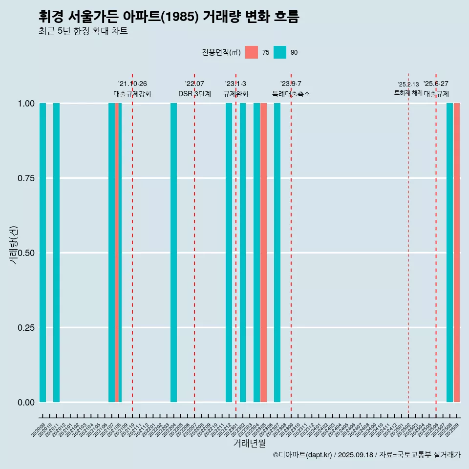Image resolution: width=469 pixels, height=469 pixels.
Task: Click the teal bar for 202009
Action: (43, 253)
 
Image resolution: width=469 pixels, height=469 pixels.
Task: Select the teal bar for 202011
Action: (56, 253)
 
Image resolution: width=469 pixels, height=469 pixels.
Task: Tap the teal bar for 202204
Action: (173, 253)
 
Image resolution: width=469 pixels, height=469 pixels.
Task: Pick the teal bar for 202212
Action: (229, 253)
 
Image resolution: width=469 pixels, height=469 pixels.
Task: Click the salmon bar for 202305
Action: (263, 253)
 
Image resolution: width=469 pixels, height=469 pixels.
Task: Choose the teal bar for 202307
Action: (277, 253)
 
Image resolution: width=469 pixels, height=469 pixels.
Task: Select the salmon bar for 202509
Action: (457, 253)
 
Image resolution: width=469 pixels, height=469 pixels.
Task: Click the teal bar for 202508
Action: (449, 253)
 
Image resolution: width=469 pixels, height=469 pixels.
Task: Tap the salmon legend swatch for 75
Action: (252, 52)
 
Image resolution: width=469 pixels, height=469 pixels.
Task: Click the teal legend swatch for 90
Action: (280, 52)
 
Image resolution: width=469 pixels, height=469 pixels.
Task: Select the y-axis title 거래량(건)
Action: (14, 244)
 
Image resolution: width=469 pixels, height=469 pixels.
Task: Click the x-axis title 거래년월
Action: (249, 443)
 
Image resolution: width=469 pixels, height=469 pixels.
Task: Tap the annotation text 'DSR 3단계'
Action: (194, 94)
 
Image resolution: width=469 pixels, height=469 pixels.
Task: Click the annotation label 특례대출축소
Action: (291, 94)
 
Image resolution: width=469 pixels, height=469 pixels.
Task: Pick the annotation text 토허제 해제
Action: (408, 93)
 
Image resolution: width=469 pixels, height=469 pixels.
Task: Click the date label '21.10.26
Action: (132, 84)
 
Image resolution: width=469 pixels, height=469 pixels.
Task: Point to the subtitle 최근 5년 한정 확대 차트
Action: (83, 31)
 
